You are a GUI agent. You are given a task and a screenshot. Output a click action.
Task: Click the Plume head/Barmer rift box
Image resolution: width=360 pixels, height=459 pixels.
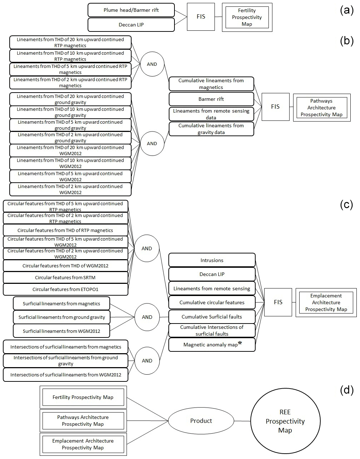(x=131, y=10)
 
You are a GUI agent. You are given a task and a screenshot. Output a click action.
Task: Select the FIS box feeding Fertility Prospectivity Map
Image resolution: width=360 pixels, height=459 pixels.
(x=201, y=16)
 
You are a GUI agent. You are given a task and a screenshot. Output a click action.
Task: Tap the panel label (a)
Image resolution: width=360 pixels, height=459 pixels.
(x=346, y=10)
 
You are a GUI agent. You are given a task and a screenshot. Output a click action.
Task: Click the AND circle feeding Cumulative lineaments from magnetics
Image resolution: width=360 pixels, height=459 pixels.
(x=152, y=64)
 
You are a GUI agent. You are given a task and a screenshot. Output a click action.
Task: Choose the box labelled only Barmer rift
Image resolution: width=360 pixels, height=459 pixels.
(x=211, y=99)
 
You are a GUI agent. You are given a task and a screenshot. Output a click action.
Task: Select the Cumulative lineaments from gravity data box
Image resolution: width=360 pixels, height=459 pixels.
(x=211, y=129)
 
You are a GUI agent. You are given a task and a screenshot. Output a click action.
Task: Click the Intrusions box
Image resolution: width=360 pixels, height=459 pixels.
(x=212, y=260)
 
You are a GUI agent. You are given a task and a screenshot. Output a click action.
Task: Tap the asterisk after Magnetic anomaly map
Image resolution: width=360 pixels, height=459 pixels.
(x=240, y=343)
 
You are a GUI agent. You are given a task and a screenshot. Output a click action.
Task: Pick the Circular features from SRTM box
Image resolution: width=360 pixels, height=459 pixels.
(x=65, y=277)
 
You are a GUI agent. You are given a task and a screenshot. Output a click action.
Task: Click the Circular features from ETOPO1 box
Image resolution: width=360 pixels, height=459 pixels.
(x=65, y=289)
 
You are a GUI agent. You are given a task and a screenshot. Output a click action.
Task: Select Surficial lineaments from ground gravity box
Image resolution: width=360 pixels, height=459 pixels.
(x=61, y=317)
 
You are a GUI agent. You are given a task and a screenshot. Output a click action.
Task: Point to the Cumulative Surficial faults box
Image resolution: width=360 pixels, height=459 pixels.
(x=212, y=317)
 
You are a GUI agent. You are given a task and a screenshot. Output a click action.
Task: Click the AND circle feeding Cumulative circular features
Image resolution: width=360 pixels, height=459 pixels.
(x=147, y=248)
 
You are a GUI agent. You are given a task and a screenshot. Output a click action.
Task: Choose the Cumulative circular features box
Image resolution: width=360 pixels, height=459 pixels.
(x=212, y=302)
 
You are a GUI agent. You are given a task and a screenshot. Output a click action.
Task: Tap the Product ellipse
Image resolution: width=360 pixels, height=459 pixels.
(x=201, y=421)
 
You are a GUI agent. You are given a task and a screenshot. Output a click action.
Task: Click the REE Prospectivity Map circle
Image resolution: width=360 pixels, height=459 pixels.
(x=285, y=421)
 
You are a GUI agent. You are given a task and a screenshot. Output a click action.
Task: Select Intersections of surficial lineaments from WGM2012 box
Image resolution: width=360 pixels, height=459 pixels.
(x=65, y=375)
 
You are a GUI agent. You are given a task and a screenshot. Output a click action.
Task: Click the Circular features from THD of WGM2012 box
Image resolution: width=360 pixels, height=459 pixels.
(x=65, y=266)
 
